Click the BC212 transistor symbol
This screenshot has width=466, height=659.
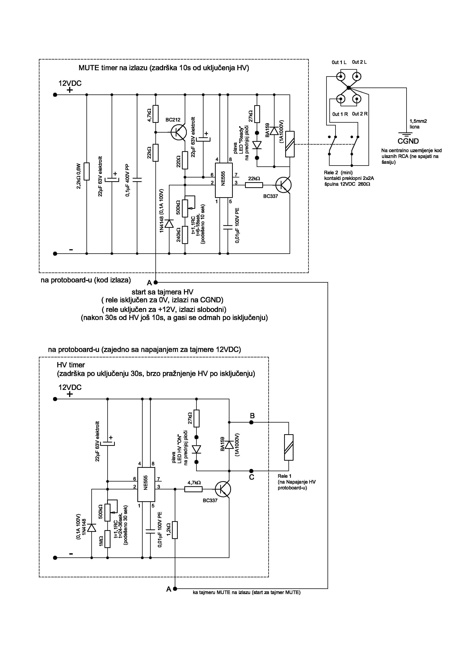pos(178,132)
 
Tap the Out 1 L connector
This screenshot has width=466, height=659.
pos(340,77)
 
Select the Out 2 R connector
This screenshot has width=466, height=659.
pos(357,99)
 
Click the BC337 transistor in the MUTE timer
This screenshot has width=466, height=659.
pos(283,185)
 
